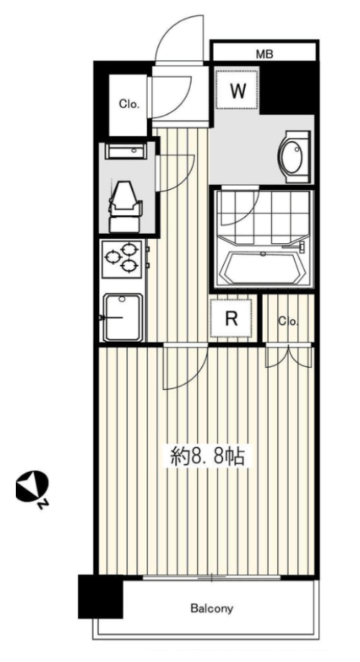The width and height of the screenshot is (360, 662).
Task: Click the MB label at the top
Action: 264,54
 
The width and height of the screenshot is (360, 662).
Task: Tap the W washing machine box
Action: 238,91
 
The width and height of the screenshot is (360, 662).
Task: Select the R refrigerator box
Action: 231,318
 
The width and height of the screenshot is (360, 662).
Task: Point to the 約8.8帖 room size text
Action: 207,456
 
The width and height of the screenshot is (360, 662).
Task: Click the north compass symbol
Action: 32,489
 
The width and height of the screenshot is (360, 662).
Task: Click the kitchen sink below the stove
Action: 123,317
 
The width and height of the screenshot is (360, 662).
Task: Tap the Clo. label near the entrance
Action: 129,104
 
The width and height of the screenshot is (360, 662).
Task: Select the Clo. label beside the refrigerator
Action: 288,322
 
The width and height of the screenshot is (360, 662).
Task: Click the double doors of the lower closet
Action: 289,355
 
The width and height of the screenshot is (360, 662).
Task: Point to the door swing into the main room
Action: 186,366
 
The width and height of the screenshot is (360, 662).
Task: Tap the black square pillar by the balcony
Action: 101,596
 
